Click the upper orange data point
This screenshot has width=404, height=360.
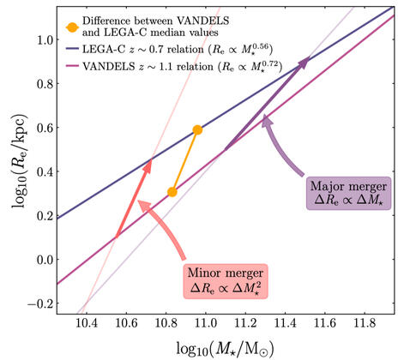click(x=197, y=129)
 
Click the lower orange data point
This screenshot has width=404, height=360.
click(x=172, y=192)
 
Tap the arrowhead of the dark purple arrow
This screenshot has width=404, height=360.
click(x=304, y=61)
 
